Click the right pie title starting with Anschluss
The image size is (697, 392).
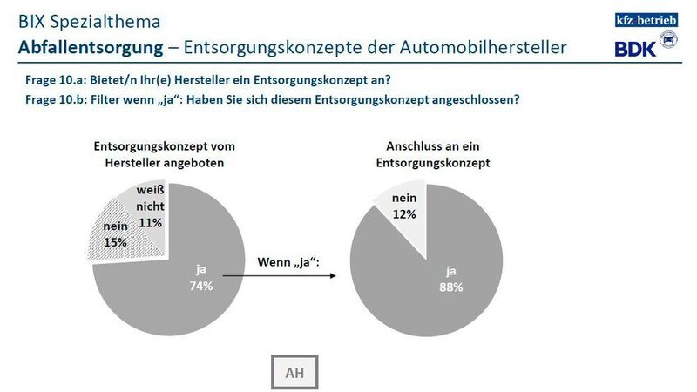432,153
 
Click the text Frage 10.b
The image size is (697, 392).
51,98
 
